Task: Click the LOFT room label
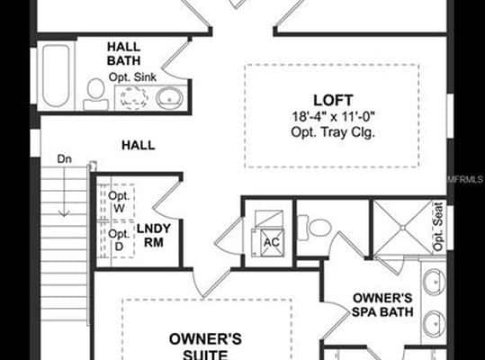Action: pyautogui.click(x=333, y=100)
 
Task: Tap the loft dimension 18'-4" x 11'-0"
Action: pyautogui.click(x=334, y=117)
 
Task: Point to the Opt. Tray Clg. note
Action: pyautogui.click(x=333, y=132)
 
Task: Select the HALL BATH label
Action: pyautogui.click(x=124, y=53)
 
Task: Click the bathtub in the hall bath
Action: pyautogui.click(x=56, y=76)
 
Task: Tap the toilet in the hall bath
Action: pyautogui.click(x=95, y=94)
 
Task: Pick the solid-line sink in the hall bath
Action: pyautogui.click(x=169, y=98)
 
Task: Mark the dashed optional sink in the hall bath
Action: pyautogui.click(x=134, y=97)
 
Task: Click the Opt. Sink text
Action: pyautogui.click(x=132, y=77)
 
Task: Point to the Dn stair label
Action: pyautogui.click(x=65, y=159)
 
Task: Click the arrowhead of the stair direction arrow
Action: pyautogui.click(x=64, y=213)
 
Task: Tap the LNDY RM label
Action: pyautogui.click(x=154, y=235)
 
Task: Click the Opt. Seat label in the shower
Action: pyautogui.click(x=438, y=227)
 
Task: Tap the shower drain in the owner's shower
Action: pyautogui.click(x=402, y=228)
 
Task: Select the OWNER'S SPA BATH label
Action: pyautogui.click(x=382, y=304)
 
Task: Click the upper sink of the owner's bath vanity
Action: pyautogui.click(x=435, y=282)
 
